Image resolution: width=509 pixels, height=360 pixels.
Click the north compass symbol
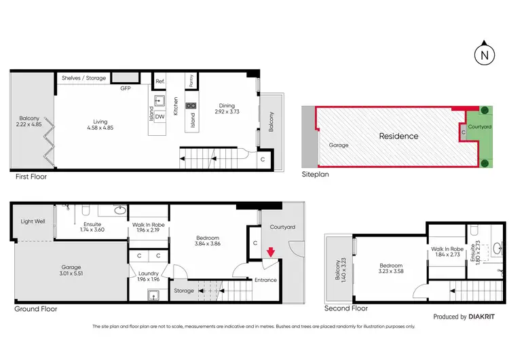click(483, 54)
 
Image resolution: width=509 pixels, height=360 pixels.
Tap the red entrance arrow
click(270, 253)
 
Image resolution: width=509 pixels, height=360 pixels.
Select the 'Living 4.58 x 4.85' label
click(100, 127)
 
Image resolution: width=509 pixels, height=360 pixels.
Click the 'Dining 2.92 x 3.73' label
click(227, 109)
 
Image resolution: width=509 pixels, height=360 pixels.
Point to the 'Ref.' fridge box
click(160, 82)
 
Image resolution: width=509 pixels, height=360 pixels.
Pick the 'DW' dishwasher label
click(159, 117)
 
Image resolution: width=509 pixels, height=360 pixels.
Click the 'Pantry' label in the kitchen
click(192, 81)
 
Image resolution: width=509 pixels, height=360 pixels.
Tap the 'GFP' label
click(126, 88)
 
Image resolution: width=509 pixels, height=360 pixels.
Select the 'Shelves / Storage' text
click(83, 78)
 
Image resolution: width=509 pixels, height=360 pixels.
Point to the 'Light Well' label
click(32, 221)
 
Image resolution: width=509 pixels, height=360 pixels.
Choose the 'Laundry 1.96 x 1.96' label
click(148, 277)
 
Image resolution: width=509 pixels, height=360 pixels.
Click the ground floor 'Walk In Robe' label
click(148, 228)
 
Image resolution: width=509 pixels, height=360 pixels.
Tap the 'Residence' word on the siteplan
click(398, 136)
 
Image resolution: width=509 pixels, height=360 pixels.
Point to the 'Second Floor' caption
click(346, 308)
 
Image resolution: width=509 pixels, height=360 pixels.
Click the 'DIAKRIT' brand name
click(484, 317)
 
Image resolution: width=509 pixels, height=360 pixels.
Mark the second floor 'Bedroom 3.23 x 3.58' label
click(391, 269)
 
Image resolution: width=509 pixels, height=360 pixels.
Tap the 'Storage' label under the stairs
click(184, 291)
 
